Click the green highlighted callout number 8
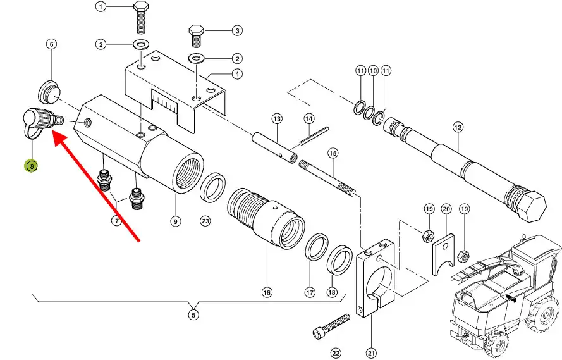(32, 166)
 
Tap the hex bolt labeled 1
(141, 17)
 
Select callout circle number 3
(237, 31)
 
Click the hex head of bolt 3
(196, 31)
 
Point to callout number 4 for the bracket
(237, 74)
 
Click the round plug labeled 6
(49, 92)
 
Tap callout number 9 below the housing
(175, 221)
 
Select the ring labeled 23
(212, 187)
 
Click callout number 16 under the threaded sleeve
(267, 292)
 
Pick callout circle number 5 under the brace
(193, 315)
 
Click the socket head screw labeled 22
(331, 326)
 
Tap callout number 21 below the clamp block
(371, 353)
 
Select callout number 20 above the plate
(446, 209)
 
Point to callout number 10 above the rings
(373, 71)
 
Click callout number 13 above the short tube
(277, 119)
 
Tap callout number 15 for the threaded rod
(333, 154)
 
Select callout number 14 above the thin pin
(309, 119)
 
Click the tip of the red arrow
(53, 132)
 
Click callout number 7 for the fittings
(117, 221)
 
